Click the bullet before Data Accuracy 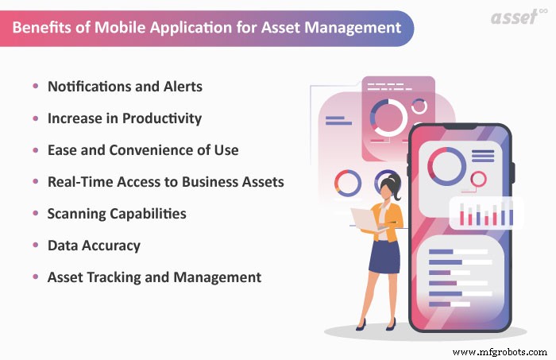[x=35, y=246]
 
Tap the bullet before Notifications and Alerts [x=35, y=86]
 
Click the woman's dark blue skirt [x=384, y=256]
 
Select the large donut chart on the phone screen [x=446, y=163]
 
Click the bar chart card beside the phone [x=482, y=214]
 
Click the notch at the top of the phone [x=459, y=130]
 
